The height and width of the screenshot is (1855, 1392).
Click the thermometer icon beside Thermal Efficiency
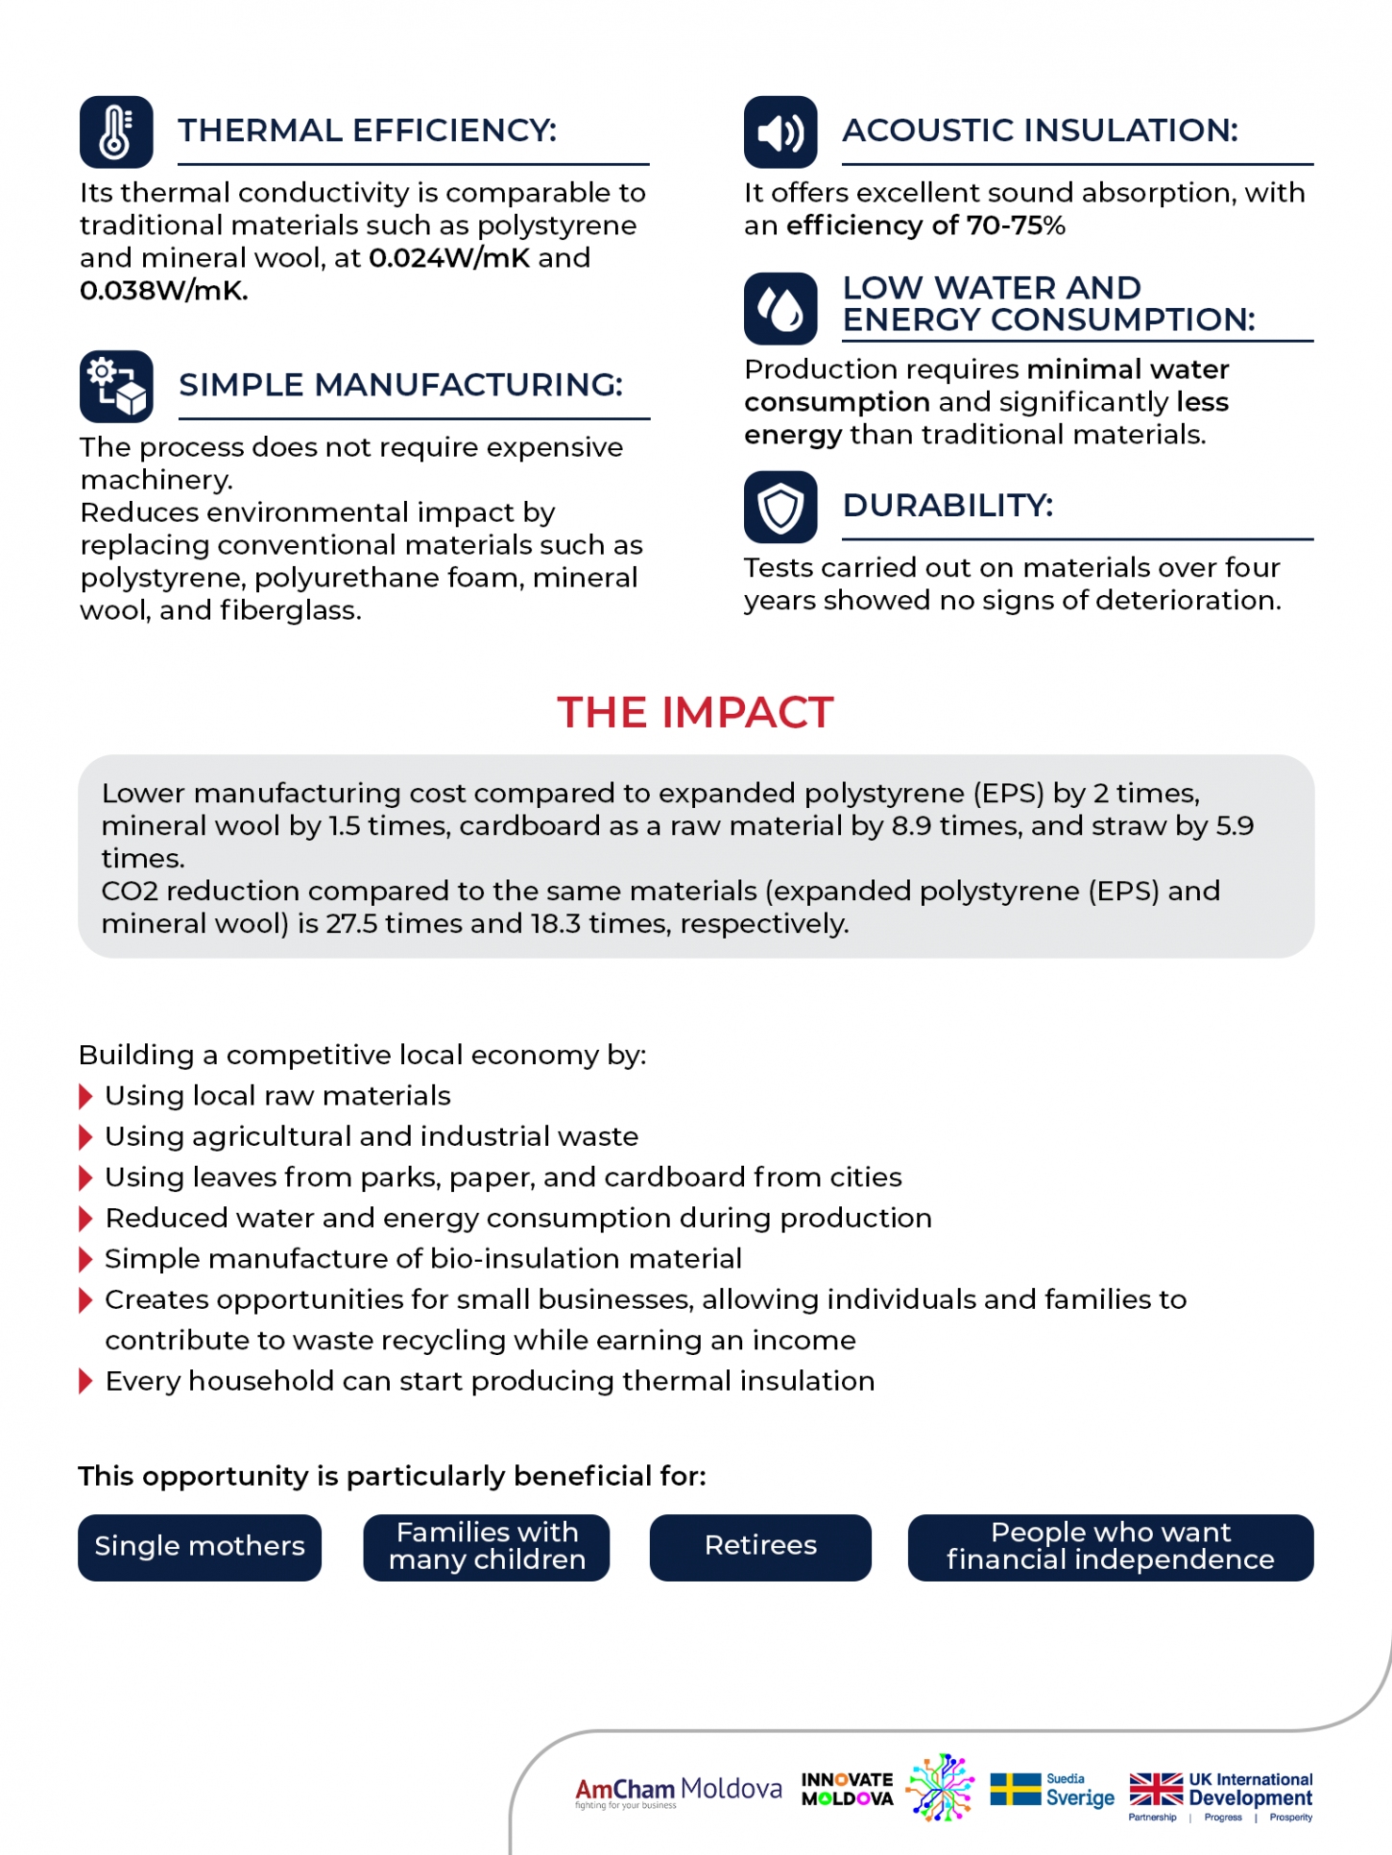point(116,131)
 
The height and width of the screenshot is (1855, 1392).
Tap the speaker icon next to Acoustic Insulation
point(780,131)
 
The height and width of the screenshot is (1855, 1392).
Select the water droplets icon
point(780,309)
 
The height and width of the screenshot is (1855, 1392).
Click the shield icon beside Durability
point(780,507)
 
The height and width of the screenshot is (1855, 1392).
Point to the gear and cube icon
point(116,386)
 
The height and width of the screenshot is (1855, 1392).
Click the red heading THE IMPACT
point(695,713)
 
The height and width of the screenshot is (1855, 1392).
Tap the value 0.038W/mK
point(163,291)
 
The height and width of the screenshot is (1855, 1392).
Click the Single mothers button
point(200,1547)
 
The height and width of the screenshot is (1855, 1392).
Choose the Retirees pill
point(760,1547)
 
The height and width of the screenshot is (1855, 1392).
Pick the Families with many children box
point(487,1547)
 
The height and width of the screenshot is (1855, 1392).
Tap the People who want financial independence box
point(1110,1547)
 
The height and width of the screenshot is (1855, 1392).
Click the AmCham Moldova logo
point(678,1791)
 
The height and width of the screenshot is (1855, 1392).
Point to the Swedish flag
point(1015,1790)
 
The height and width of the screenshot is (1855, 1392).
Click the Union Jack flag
point(1156,1790)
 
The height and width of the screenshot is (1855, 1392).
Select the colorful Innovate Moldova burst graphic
point(941,1787)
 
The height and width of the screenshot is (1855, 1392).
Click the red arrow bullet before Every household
point(85,1382)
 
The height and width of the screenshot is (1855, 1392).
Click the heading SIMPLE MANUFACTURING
point(400,385)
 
